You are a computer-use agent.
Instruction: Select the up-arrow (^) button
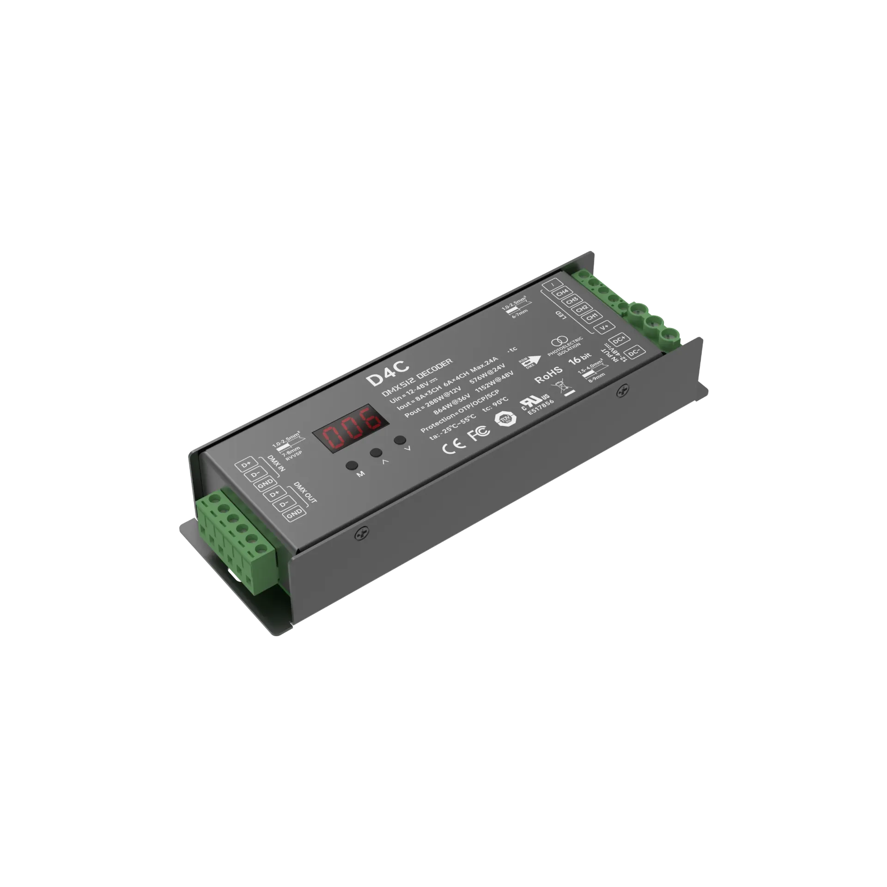[x=377, y=453]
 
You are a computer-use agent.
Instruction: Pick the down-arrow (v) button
[x=400, y=440]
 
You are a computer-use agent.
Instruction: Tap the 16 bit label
[x=579, y=359]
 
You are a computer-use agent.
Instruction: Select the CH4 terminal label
[x=562, y=292]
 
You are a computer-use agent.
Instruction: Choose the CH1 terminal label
[x=593, y=317]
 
